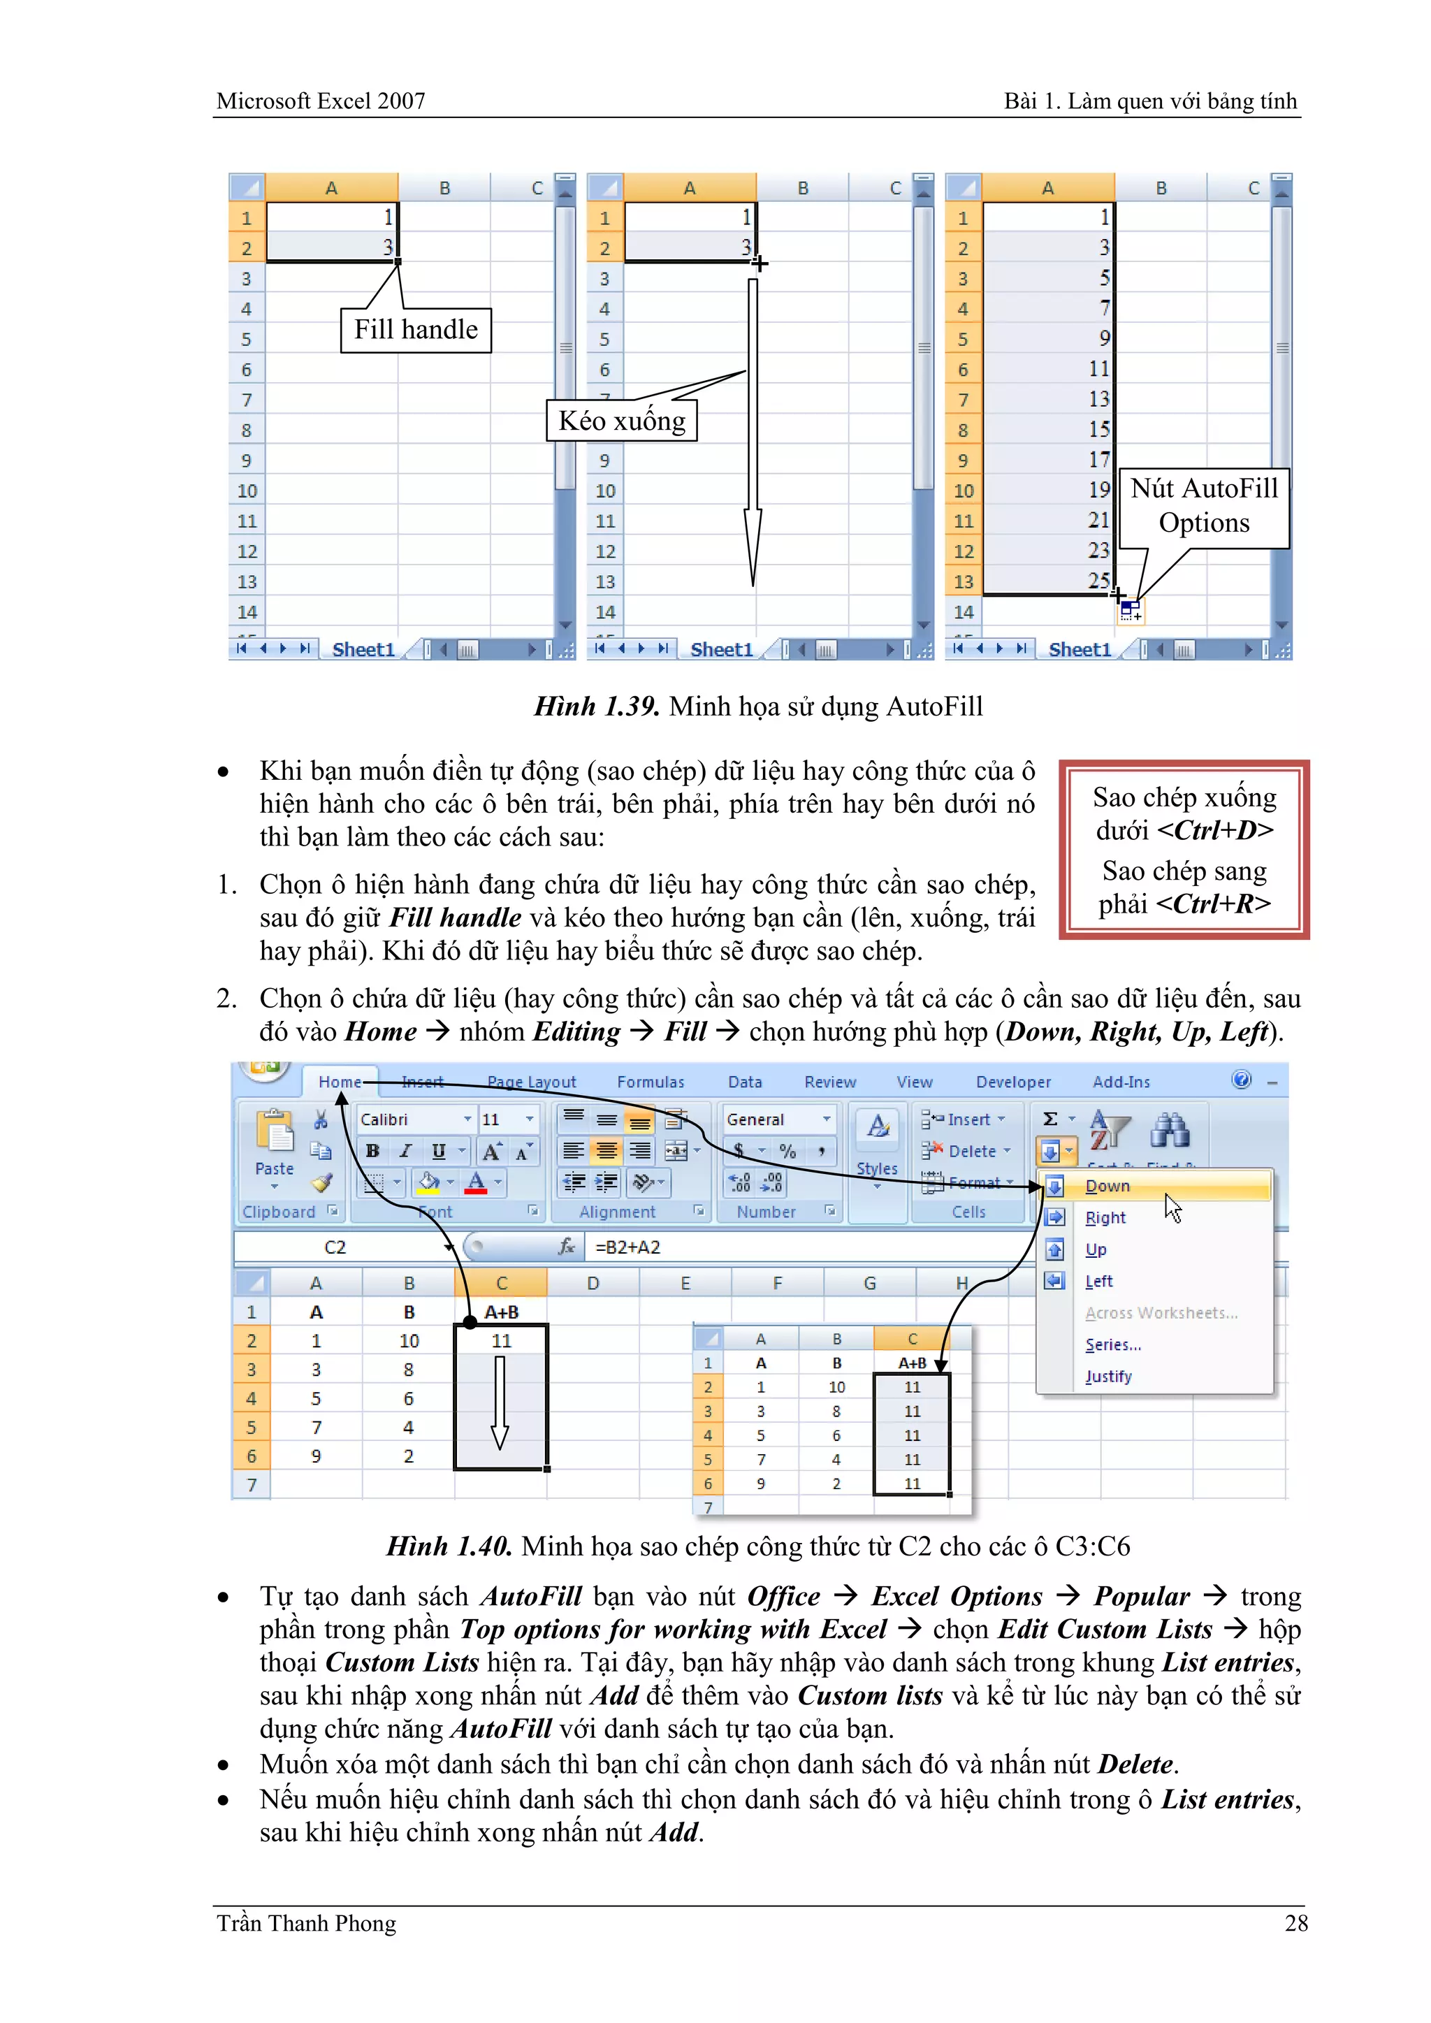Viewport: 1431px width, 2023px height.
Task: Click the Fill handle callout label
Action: (x=415, y=331)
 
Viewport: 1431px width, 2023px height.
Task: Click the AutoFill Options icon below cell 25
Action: (x=1131, y=610)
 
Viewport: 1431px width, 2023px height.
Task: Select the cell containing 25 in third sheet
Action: (x=1049, y=581)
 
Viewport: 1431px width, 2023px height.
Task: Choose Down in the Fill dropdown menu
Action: (x=1107, y=1186)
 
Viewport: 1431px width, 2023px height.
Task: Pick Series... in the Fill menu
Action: (x=1113, y=1344)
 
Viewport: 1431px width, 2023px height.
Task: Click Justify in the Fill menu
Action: (x=1108, y=1377)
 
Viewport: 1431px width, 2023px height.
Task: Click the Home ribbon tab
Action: (x=340, y=1082)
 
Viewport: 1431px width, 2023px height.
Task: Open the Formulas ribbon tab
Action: (x=651, y=1082)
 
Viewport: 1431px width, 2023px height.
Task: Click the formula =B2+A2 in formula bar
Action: (x=628, y=1247)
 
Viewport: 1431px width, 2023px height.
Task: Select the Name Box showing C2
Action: (x=335, y=1247)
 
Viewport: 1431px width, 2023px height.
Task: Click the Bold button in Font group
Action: (x=372, y=1151)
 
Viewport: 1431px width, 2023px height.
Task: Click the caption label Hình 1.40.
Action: (x=449, y=1546)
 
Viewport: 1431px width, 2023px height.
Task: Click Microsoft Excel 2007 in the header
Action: (x=321, y=101)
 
